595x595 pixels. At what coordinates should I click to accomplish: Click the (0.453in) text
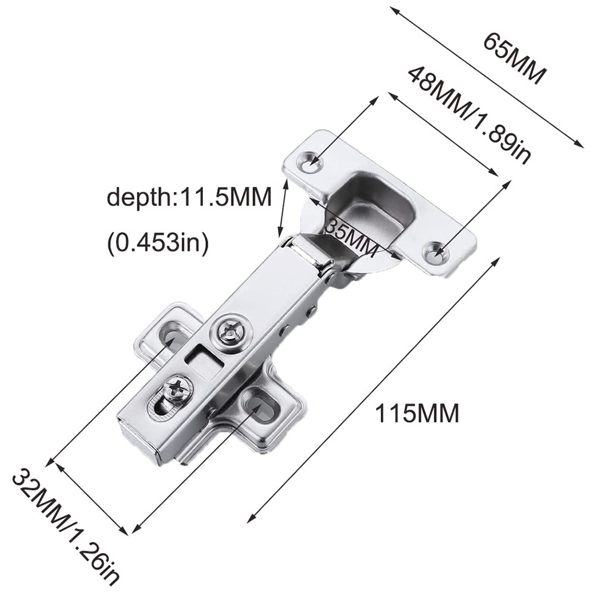158,243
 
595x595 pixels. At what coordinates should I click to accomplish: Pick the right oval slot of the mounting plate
259,402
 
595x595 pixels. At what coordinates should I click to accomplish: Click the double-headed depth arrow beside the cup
283,209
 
